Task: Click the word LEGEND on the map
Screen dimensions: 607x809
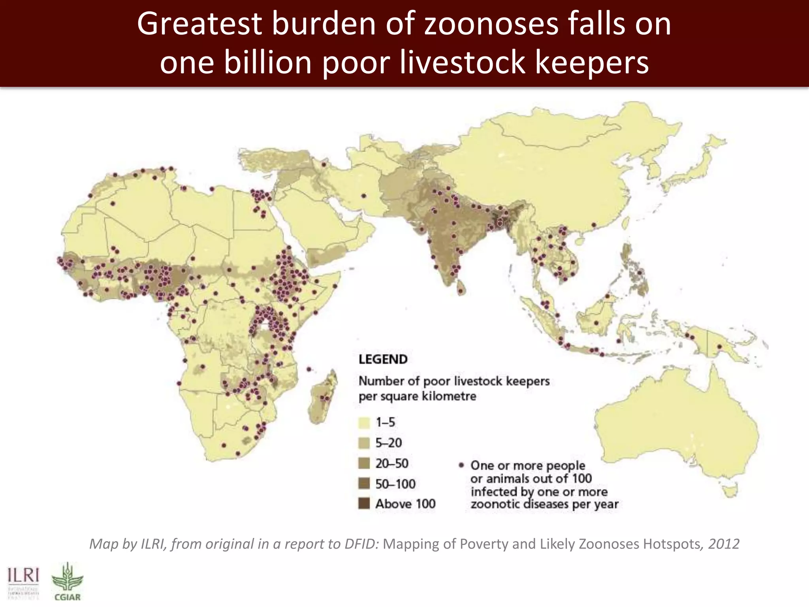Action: (x=383, y=359)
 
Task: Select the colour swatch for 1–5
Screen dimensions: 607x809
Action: (x=364, y=422)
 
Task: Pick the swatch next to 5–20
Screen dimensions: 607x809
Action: (x=364, y=443)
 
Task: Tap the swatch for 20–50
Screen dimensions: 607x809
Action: (x=364, y=463)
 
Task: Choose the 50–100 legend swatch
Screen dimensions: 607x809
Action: (x=364, y=483)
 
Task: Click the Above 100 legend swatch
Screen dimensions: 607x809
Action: (x=364, y=503)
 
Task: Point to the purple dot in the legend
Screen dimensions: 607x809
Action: (x=461, y=465)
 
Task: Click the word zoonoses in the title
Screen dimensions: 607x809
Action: (x=491, y=25)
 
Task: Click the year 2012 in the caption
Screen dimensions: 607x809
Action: (x=724, y=544)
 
